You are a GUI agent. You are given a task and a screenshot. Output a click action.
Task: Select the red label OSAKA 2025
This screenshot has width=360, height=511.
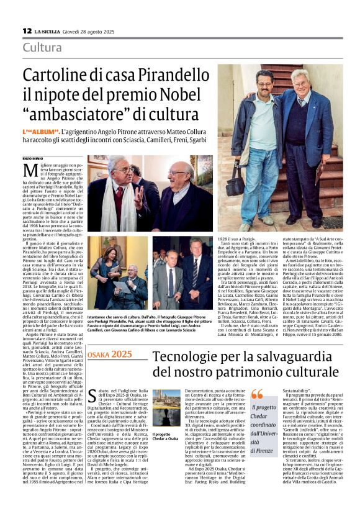tap(111, 355)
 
